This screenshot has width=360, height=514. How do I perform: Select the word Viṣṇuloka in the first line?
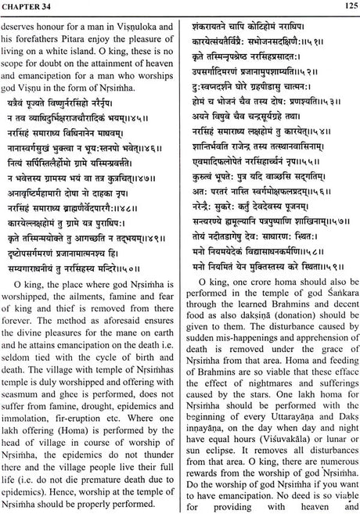pos(135,24)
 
